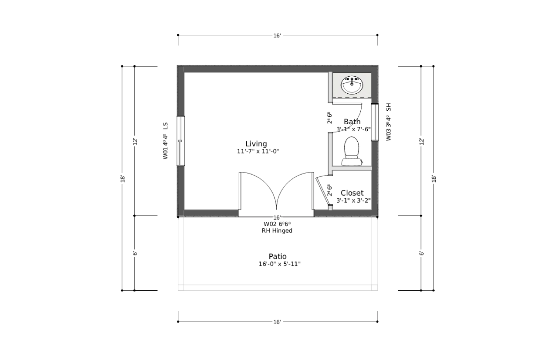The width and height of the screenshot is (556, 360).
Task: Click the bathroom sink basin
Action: (352, 85)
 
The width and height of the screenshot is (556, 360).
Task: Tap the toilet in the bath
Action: (352, 151)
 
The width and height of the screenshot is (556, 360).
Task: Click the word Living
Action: (256, 144)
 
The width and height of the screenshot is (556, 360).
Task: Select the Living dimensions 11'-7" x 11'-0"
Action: (258, 151)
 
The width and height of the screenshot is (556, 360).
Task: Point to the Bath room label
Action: (352, 122)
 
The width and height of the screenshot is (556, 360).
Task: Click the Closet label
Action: (352, 193)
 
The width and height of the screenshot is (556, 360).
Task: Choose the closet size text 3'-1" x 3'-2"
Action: (353, 200)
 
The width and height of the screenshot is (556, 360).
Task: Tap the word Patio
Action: (278, 256)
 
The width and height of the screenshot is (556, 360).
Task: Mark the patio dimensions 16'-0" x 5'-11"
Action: (279, 264)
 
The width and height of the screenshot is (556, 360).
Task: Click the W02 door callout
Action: (277, 224)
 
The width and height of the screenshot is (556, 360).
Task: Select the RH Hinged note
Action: (277, 231)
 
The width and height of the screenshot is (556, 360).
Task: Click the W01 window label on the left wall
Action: (165, 141)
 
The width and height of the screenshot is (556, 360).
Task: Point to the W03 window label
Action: (389, 122)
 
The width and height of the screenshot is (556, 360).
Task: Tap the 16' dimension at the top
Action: (277, 36)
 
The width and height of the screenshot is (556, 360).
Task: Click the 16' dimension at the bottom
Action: (277, 322)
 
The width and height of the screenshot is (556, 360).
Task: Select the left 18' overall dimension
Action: (122, 179)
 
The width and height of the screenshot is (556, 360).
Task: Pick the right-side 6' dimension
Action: (421, 253)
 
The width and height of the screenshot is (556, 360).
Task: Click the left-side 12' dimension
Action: (135, 142)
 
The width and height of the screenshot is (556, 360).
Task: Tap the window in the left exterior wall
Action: (181, 141)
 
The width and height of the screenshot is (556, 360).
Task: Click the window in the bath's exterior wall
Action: (375, 122)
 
